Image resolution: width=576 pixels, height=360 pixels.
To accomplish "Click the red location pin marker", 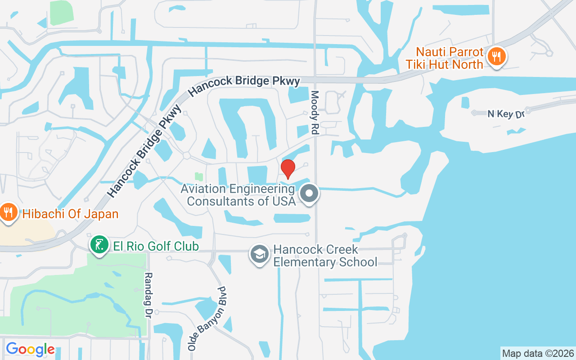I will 288,168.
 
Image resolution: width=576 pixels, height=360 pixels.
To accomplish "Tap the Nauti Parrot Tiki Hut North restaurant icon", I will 496,57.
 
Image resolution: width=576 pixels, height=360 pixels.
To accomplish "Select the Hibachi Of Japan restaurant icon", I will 8,212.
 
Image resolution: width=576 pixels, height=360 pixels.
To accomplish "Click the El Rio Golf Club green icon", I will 99,245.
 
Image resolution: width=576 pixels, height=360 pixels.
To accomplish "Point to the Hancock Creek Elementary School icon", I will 260,254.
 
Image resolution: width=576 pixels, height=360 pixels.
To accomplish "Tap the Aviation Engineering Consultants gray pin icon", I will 309,193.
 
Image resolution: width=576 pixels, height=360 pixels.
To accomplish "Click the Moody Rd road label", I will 315,113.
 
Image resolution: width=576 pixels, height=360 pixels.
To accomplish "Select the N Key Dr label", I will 506,114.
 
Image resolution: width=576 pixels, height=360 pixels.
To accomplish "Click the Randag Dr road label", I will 148,295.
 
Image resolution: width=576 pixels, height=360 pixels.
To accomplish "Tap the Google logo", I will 30,349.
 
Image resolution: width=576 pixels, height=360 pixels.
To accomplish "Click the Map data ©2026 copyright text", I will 538,353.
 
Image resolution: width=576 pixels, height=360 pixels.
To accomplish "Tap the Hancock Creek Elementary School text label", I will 325,256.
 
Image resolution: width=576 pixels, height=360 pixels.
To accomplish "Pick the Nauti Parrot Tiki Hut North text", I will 444,58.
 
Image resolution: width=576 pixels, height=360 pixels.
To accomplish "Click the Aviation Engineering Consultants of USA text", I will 238,194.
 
